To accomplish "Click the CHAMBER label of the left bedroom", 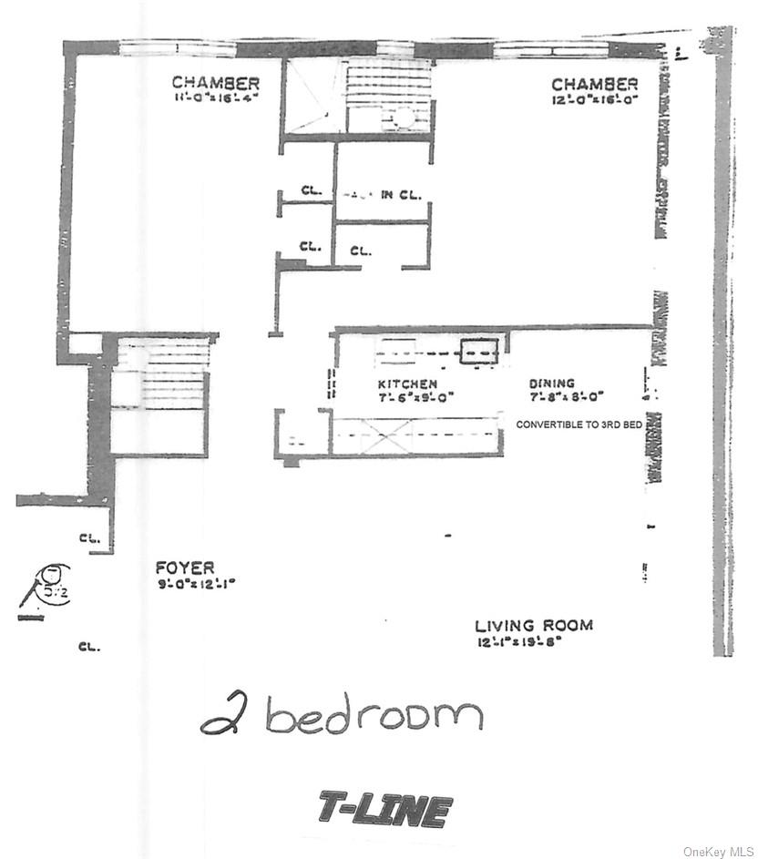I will pos(216,84).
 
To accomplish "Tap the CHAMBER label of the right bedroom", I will pos(594,85).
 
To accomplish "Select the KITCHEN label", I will pos(407,384).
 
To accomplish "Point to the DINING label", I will pos(551,384).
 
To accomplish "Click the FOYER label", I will pos(185,568).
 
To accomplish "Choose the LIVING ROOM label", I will pos(533,626).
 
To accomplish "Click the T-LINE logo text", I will pos(385,809).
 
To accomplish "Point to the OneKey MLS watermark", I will pos(718,848).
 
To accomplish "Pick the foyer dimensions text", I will pos(195,584).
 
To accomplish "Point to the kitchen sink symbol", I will pos(478,351).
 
